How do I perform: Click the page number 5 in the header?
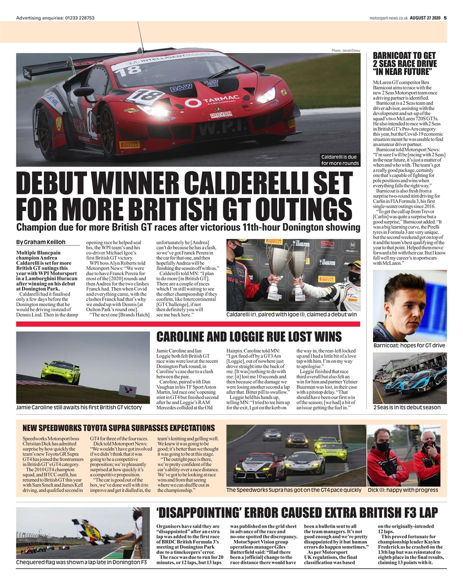coord(445,18)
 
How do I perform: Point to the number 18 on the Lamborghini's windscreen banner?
coord(134,69)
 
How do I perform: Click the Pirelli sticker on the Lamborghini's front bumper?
coord(129,144)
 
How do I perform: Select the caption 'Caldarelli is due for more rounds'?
coord(340,160)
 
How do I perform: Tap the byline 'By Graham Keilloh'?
coord(41,242)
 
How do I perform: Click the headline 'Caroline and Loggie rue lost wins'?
coord(249,337)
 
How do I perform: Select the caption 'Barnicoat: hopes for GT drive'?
coord(409,345)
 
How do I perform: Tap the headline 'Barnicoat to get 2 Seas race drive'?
coord(405,64)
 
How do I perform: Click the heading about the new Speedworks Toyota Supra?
coord(118,428)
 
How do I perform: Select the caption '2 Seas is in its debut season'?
coord(407,407)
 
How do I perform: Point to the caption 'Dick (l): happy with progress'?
coord(403,490)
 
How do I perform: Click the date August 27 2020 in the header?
coord(425,18)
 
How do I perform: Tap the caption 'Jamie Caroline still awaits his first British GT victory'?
coord(79,407)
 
